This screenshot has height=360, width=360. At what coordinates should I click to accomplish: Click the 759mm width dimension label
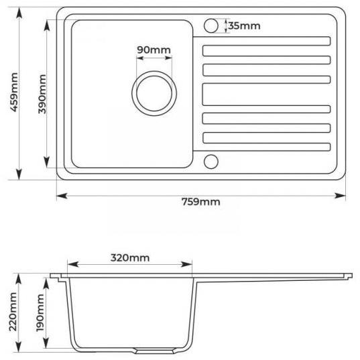[x=201, y=202]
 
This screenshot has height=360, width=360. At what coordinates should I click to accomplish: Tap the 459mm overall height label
[x=14, y=93]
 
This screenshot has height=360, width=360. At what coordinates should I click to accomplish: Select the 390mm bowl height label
[x=42, y=94]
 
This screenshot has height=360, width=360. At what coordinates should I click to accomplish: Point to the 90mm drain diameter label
[x=154, y=50]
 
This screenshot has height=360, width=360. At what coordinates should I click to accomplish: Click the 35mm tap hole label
[x=244, y=25]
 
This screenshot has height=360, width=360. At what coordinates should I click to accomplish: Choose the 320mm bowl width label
[x=130, y=258]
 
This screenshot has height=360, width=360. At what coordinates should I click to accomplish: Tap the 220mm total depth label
[x=13, y=312]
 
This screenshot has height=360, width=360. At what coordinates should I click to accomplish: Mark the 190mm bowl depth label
[x=40, y=312]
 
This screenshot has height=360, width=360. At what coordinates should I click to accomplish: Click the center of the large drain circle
[x=154, y=93]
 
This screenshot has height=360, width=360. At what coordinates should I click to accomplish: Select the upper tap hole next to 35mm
[x=211, y=25]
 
